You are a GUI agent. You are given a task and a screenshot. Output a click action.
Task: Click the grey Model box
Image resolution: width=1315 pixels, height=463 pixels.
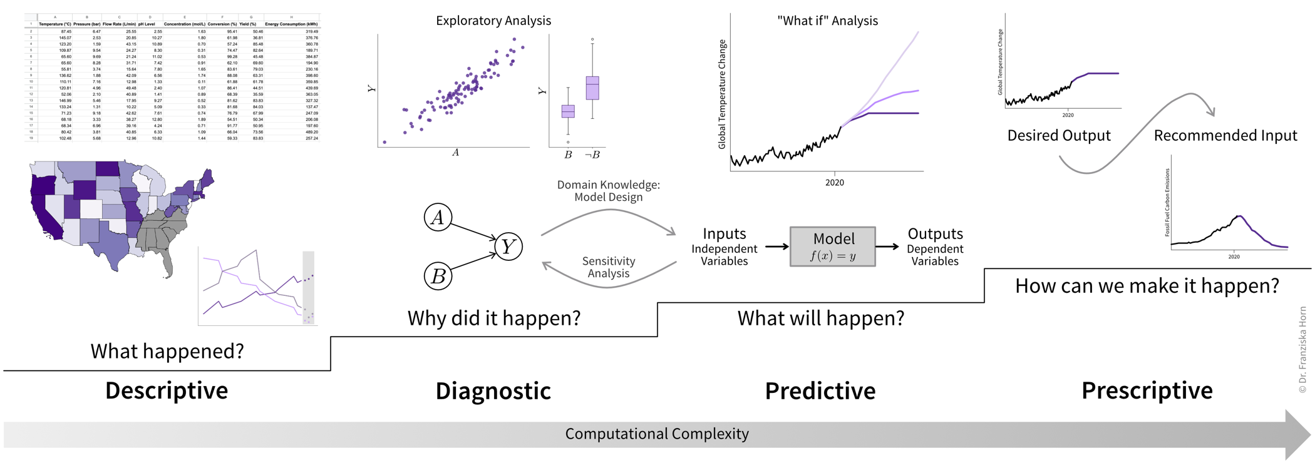point(833,247)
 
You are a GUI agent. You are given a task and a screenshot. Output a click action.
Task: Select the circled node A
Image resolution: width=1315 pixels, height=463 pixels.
point(438,217)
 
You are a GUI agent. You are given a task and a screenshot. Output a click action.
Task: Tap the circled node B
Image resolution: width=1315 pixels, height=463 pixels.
point(438,276)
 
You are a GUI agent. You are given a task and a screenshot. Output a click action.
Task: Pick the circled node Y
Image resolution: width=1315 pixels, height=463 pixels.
point(508,247)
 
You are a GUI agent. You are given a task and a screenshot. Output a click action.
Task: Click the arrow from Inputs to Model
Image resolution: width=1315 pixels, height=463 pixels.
point(776,247)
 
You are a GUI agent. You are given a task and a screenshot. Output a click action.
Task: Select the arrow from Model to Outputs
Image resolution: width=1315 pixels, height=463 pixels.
point(887,247)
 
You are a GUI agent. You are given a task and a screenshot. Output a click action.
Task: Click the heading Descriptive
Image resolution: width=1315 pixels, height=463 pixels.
point(167,390)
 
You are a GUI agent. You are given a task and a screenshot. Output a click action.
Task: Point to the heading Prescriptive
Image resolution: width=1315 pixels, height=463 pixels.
point(1147,390)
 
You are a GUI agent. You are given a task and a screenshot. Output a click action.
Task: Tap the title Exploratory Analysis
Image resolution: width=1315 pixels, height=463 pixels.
point(493,21)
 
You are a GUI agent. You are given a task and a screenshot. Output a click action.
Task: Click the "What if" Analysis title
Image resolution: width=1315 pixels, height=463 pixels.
point(827,21)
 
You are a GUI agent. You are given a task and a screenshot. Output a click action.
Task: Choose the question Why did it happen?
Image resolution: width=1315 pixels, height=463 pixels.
point(493,318)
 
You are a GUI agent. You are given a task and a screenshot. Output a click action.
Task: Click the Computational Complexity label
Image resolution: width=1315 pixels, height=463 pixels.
point(657,434)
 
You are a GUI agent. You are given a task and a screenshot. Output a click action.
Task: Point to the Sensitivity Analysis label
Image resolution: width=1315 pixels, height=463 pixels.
point(608,267)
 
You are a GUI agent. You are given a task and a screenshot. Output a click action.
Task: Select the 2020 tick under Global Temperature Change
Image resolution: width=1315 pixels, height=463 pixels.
point(834,183)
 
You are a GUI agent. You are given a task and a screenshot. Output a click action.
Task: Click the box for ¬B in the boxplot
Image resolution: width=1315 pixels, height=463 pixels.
point(592,88)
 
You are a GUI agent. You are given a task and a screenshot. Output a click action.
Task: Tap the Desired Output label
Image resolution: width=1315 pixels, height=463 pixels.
point(1059,135)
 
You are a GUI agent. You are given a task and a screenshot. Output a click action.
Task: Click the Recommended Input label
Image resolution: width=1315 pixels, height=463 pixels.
point(1225,135)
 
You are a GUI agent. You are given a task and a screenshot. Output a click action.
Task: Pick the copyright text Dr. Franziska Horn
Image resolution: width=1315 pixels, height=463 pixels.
point(1303,350)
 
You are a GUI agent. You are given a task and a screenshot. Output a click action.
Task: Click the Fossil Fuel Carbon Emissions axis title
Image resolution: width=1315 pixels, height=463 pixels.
point(1167,202)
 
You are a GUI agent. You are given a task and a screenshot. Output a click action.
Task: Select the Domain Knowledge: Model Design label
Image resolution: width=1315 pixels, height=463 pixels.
point(608,191)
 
